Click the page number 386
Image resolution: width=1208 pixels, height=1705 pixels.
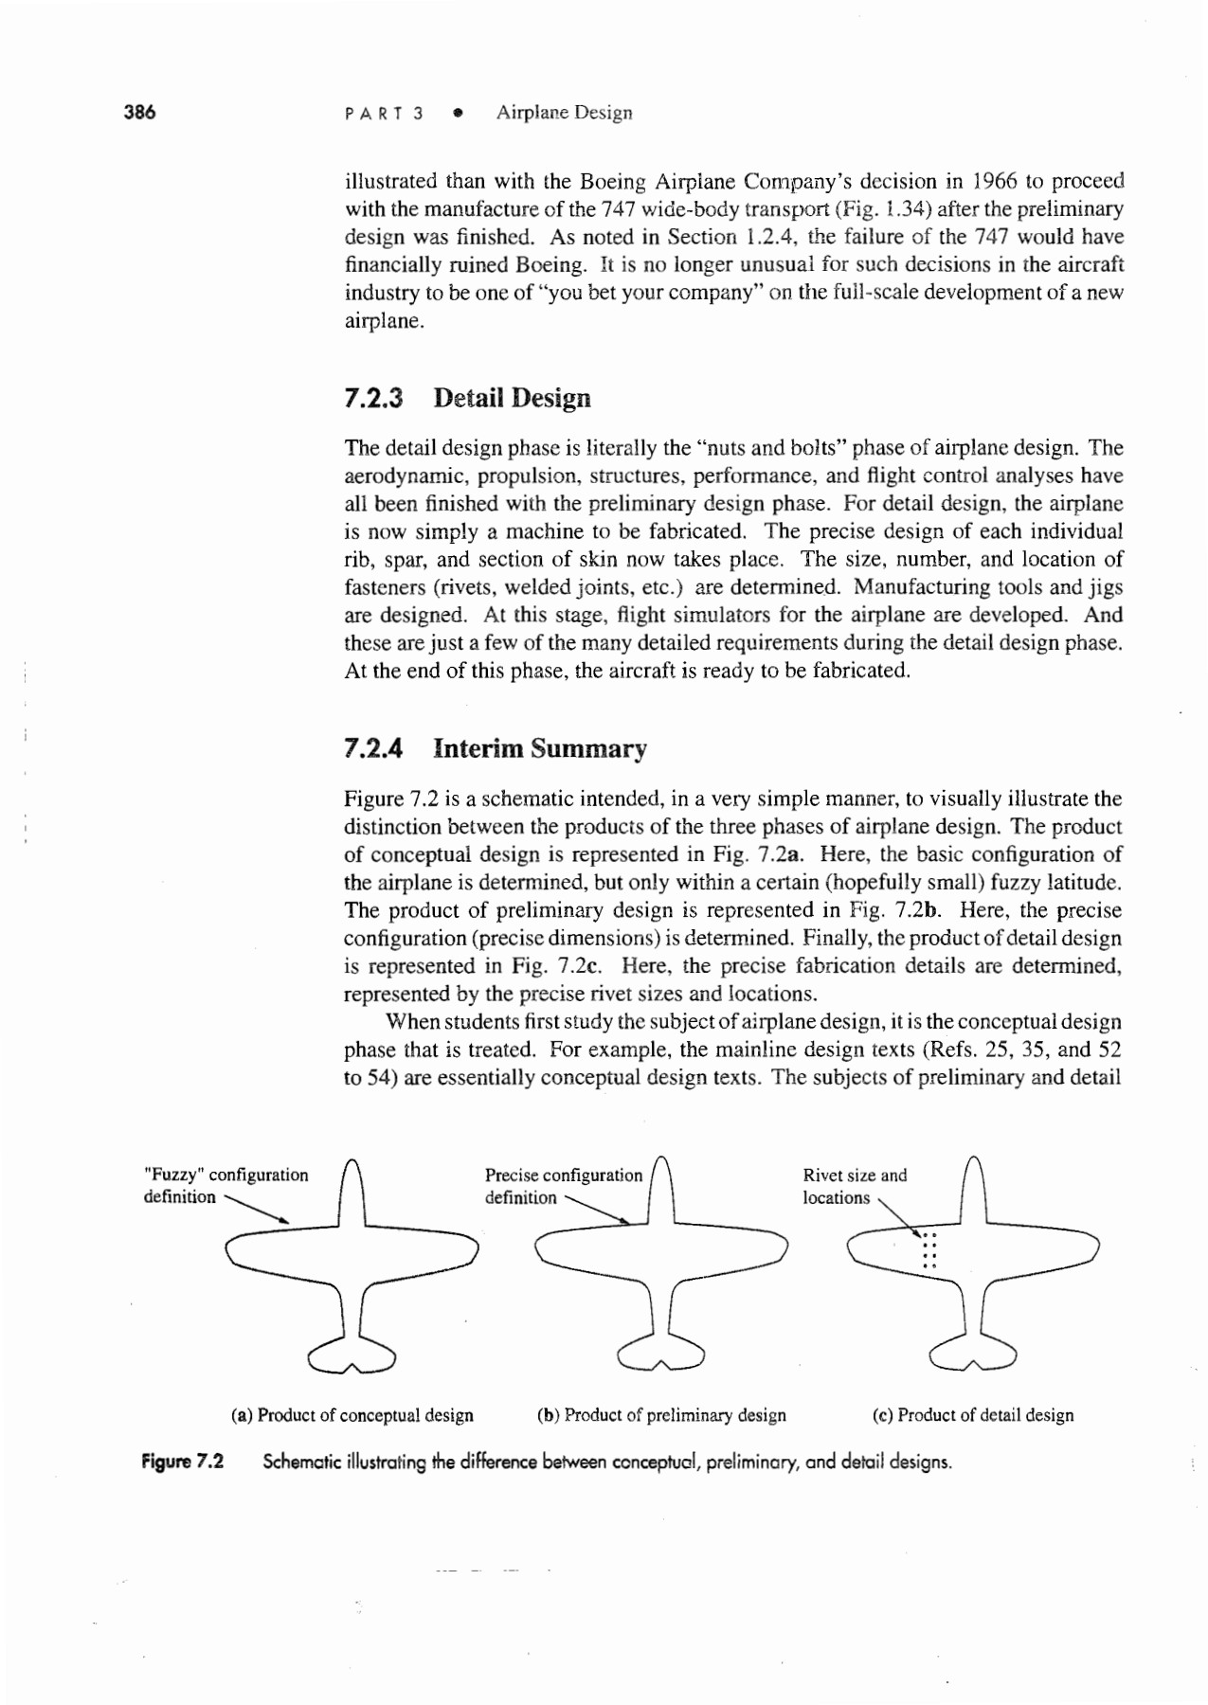(139, 112)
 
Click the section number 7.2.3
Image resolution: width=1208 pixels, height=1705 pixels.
(373, 398)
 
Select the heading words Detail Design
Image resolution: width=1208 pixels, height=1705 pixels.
(512, 398)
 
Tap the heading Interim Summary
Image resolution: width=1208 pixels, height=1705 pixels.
(540, 748)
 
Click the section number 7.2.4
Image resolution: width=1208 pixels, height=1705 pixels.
(373, 748)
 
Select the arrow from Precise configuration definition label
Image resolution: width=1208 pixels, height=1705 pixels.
(599, 1211)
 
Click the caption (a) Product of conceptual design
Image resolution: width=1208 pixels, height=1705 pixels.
(352, 1415)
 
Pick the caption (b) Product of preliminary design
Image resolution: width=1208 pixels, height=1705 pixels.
(661, 1415)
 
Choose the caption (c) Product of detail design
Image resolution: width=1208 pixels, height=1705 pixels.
(973, 1415)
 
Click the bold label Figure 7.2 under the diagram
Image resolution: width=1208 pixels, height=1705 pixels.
(183, 1461)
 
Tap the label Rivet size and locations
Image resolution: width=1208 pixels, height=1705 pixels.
(854, 1186)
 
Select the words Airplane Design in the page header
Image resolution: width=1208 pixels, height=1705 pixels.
(564, 113)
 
